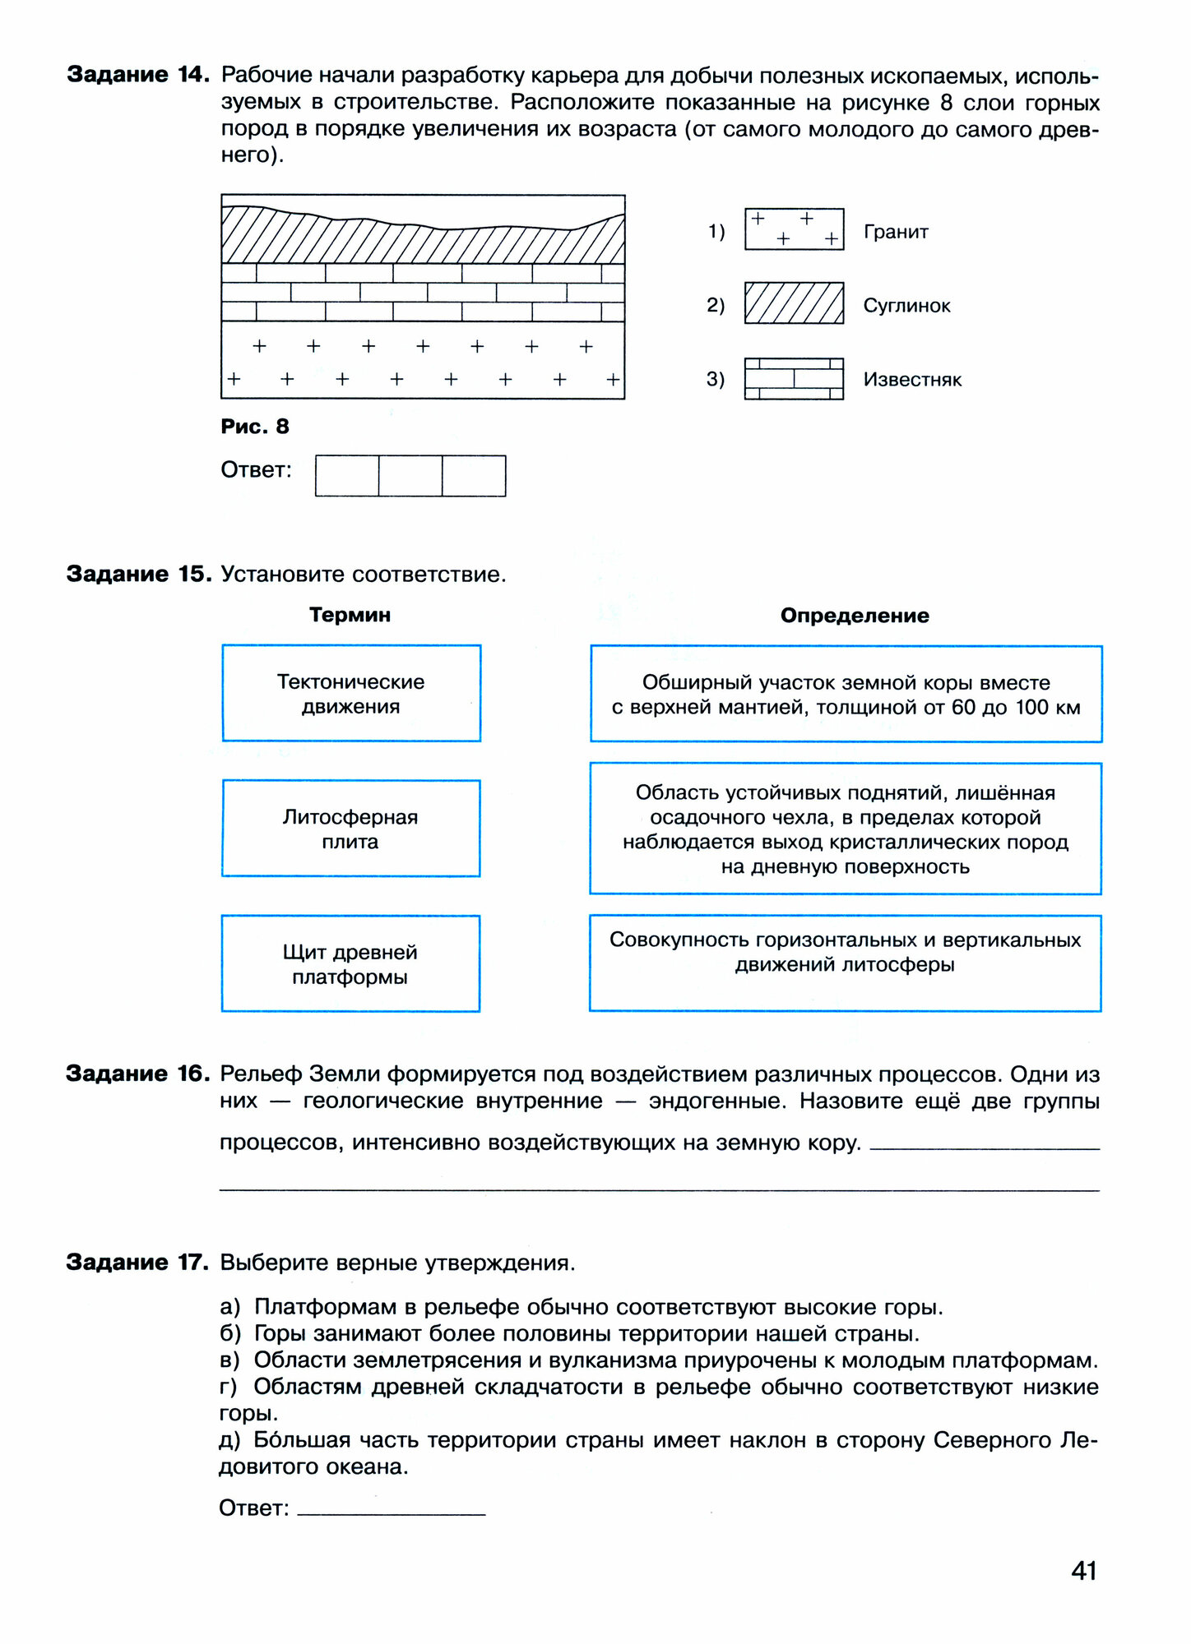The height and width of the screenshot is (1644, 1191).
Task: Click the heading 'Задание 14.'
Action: [x=137, y=75]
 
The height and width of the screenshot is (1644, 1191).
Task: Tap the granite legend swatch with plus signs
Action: [x=794, y=229]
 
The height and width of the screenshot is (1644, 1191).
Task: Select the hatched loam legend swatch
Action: [x=794, y=303]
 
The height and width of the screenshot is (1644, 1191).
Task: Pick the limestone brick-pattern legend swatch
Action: [x=794, y=379]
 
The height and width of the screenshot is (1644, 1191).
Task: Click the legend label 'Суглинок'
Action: [x=906, y=306]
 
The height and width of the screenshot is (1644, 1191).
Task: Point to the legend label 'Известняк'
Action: [x=912, y=380]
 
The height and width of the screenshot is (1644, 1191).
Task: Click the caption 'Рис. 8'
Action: [x=255, y=427]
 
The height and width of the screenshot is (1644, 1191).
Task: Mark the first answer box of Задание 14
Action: [x=347, y=476]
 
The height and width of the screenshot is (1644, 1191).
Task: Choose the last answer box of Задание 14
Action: [x=474, y=476]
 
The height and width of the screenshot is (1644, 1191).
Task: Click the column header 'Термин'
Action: [x=350, y=615]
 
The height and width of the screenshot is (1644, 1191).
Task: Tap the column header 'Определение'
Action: [x=855, y=616]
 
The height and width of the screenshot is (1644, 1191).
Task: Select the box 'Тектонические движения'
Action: [x=351, y=694]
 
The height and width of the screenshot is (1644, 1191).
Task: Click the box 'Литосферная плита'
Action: [x=351, y=829]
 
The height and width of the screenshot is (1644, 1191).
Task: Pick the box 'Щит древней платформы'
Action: [x=351, y=963]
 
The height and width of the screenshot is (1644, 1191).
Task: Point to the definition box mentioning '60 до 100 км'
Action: [x=846, y=695]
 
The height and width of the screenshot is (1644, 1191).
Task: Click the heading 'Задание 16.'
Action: [x=137, y=1074]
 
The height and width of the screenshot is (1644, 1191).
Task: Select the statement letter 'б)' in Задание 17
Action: [x=230, y=1333]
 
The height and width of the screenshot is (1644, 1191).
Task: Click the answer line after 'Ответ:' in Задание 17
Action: [x=392, y=1509]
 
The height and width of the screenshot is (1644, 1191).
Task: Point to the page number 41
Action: [x=1084, y=1571]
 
